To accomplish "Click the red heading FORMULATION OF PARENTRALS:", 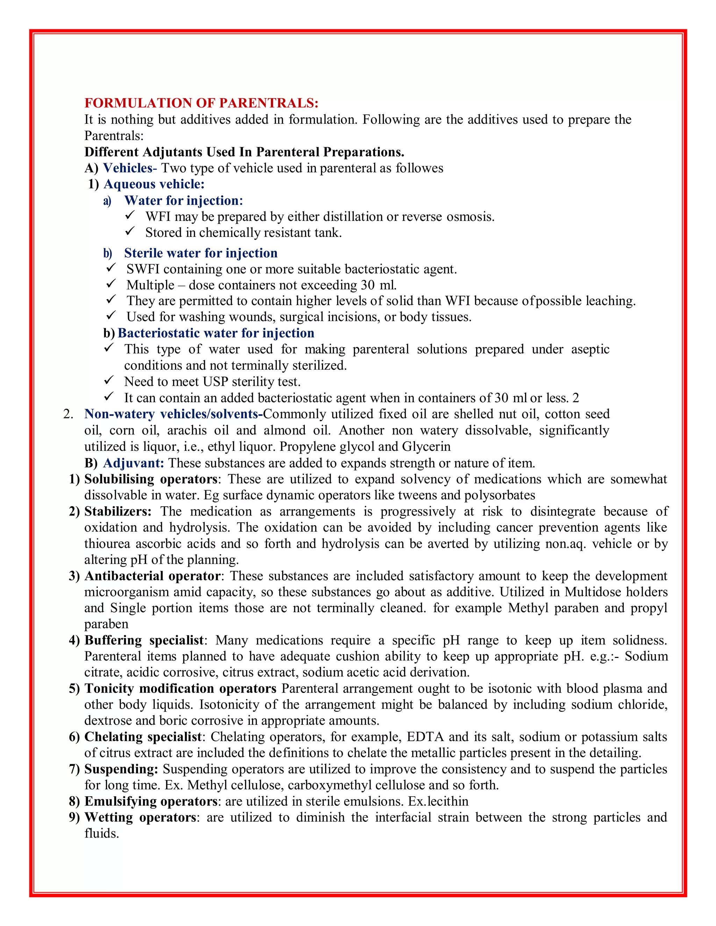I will (x=201, y=103).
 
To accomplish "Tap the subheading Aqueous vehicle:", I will (x=154, y=184).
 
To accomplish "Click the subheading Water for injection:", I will (x=183, y=201).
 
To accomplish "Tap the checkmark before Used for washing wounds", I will (x=111, y=316).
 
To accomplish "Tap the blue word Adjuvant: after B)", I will (x=133, y=463).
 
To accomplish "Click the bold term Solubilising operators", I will (x=151, y=479).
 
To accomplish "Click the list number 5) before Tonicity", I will (x=74, y=689).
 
